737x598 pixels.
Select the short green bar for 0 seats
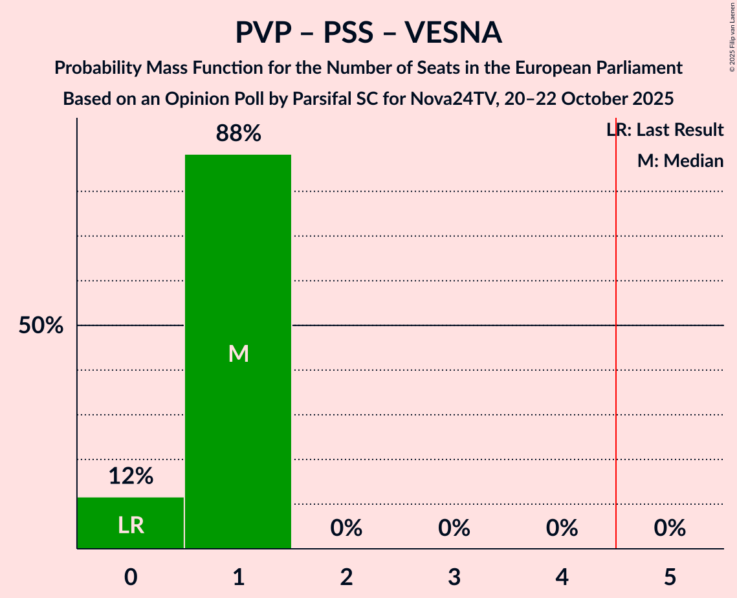[131, 523]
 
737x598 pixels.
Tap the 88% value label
[238, 134]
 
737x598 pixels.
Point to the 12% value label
[131, 477]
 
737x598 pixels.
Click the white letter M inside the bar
[238, 353]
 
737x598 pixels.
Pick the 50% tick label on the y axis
[41, 326]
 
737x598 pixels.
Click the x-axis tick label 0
[131, 577]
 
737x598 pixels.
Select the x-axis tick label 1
[238, 577]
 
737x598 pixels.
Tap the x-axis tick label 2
[346, 577]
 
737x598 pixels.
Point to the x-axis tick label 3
[454, 577]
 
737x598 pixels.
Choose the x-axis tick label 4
[562, 577]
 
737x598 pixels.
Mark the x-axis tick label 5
[670, 577]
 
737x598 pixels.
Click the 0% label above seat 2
[346, 529]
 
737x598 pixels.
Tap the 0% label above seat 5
[670, 529]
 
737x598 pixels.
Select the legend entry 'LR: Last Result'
[665, 130]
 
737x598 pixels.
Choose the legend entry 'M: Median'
[680, 161]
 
